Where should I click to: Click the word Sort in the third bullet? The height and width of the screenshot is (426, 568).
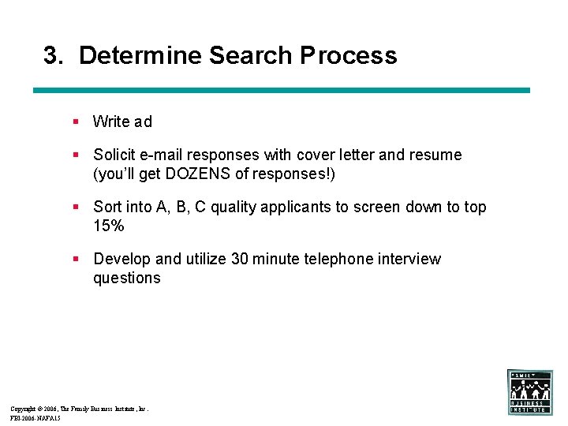[x=108, y=207]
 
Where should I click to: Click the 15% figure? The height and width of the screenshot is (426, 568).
[x=109, y=226]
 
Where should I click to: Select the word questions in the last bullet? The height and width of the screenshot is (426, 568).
[x=126, y=278]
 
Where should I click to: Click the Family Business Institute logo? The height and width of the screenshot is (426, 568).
[x=529, y=392]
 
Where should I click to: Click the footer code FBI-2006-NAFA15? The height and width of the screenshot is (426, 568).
[x=35, y=419]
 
